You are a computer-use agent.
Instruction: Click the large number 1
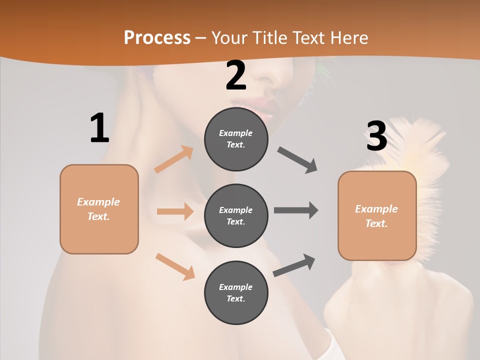point(99,128)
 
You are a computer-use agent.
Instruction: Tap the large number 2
point(236,76)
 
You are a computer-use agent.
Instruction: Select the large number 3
point(377,136)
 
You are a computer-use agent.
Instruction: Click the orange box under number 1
point(99,209)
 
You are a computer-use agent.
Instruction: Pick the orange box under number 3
point(377,216)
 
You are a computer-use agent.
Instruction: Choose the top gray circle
point(236,139)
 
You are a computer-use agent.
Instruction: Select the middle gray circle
point(236,216)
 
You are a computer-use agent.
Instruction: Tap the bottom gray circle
point(236,293)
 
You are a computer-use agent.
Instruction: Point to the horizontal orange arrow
point(175,211)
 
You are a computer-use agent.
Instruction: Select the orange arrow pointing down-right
point(175,266)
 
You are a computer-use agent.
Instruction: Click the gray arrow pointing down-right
point(297,160)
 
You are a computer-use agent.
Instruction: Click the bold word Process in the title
point(157,37)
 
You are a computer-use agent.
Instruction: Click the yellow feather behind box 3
point(425,150)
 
